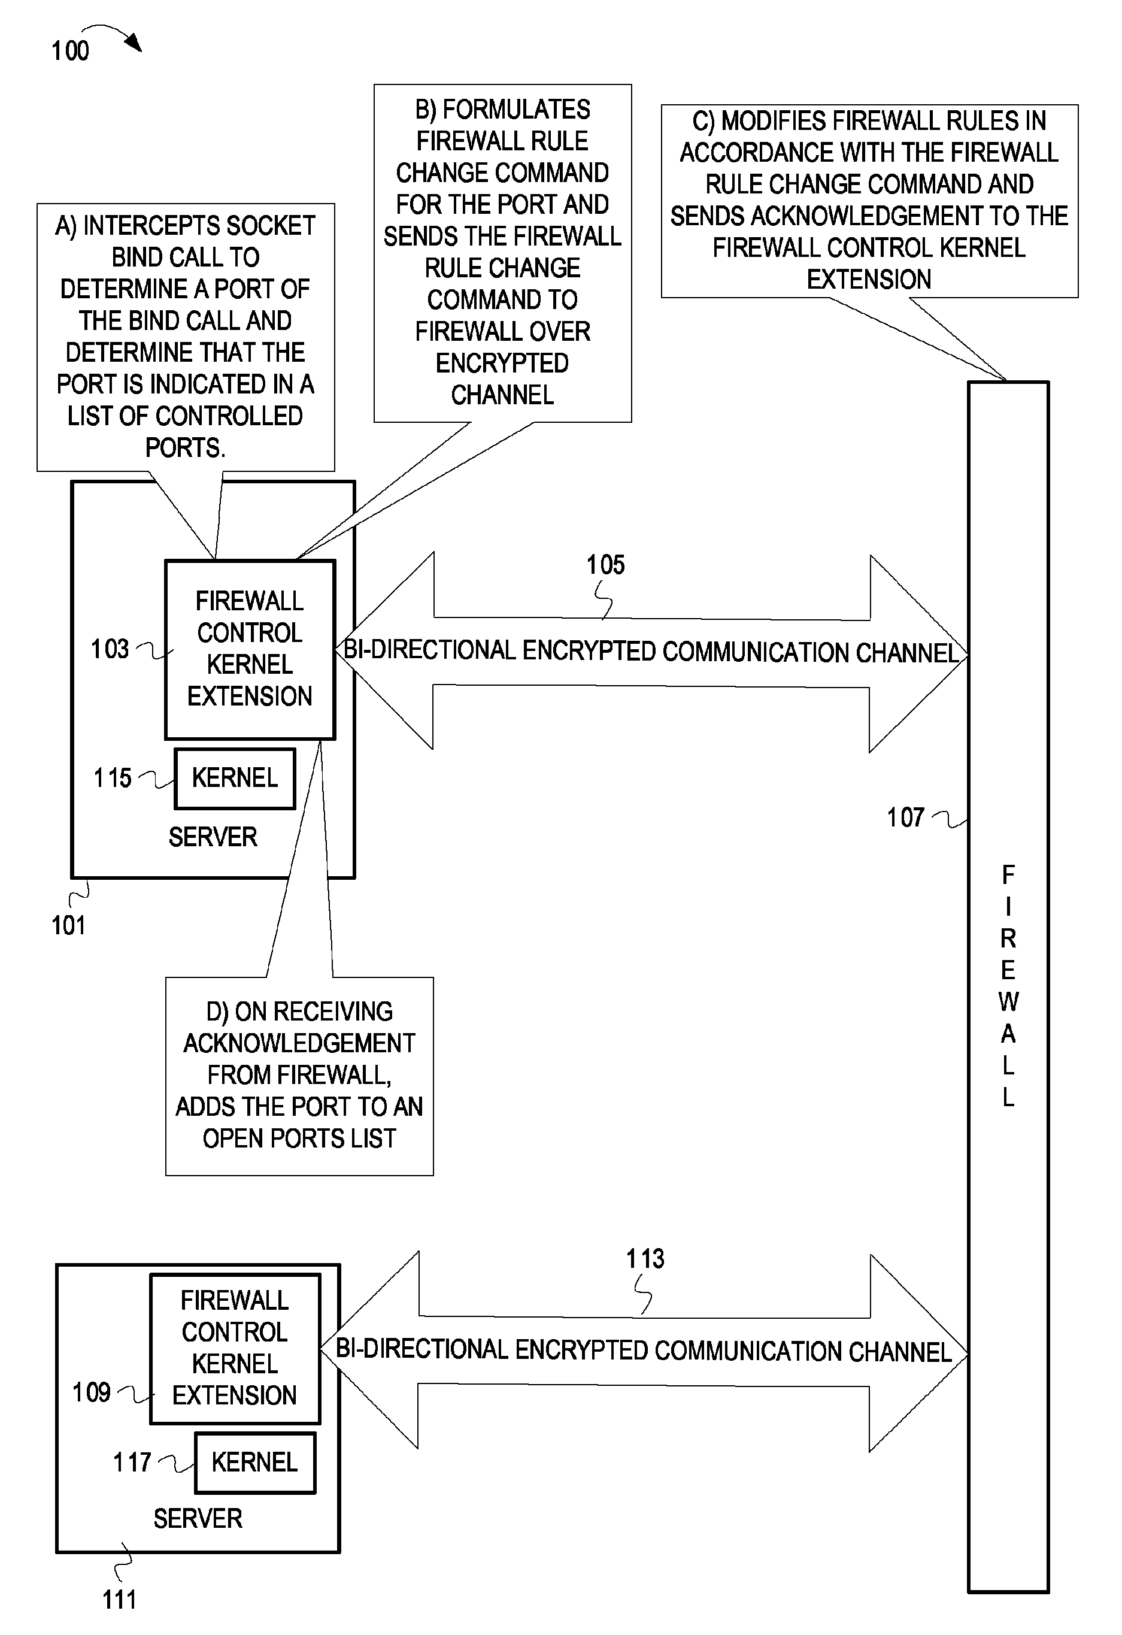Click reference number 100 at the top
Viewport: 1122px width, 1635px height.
coord(70,51)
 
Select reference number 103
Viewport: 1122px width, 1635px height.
coord(110,649)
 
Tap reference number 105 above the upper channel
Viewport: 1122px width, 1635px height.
coord(606,564)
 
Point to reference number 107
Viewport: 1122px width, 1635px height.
coord(905,817)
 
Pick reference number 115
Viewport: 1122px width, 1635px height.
coord(113,778)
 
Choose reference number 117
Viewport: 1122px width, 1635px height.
coord(132,1462)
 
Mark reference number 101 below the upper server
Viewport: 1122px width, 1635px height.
coord(68,925)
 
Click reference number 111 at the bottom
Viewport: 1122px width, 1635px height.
coord(119,1599)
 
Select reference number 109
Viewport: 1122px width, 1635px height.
coord(92,1392)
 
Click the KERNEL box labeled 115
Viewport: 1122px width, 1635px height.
coord(235,778)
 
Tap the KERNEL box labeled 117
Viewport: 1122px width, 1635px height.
coord(254,1462)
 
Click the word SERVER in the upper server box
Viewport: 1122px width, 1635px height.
coord(213,837)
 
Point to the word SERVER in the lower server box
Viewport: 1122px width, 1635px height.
coord(198,1518)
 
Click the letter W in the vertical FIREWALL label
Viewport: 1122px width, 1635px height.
coord(1008,1001)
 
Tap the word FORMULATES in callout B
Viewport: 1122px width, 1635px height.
coord(516,110)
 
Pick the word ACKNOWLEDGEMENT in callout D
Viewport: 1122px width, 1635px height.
coord(299,1043)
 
